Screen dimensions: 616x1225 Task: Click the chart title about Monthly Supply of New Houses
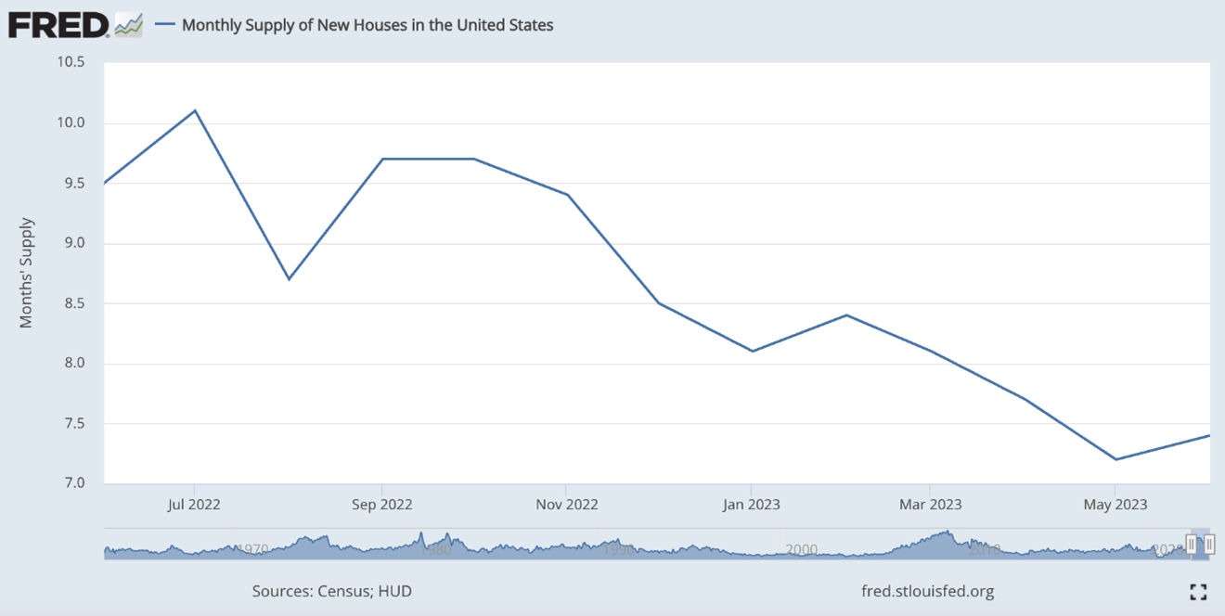367,25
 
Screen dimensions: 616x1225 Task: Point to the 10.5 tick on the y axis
71,62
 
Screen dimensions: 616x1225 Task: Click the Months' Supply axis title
27,273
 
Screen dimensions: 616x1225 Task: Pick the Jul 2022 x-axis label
194,505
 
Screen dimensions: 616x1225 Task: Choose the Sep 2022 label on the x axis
381,505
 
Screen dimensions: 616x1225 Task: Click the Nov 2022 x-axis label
566,505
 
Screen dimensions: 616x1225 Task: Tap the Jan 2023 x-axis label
751,505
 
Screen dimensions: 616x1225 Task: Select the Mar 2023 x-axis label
930,505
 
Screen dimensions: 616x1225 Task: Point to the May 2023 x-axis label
1115,505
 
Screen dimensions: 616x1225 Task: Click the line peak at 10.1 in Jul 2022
194,110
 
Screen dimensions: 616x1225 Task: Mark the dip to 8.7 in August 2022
289,278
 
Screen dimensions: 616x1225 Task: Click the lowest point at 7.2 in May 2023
1115,459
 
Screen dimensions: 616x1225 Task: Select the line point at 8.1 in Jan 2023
751,351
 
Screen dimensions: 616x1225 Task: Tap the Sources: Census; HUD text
331,591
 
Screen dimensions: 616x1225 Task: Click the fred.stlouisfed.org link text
927,591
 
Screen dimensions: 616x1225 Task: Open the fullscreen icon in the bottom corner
1198,592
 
